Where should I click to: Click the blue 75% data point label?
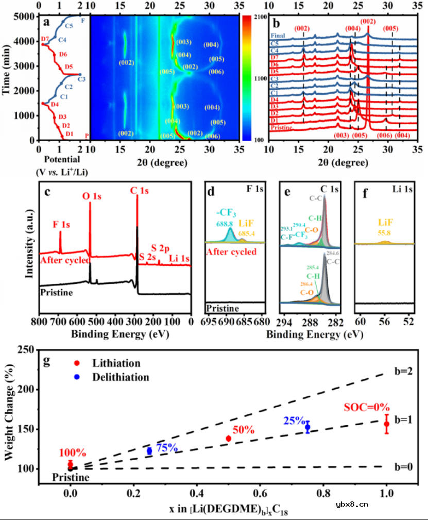167,447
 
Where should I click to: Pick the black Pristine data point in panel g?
71,468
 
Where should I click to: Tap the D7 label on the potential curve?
45,39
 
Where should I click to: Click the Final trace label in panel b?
278,36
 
